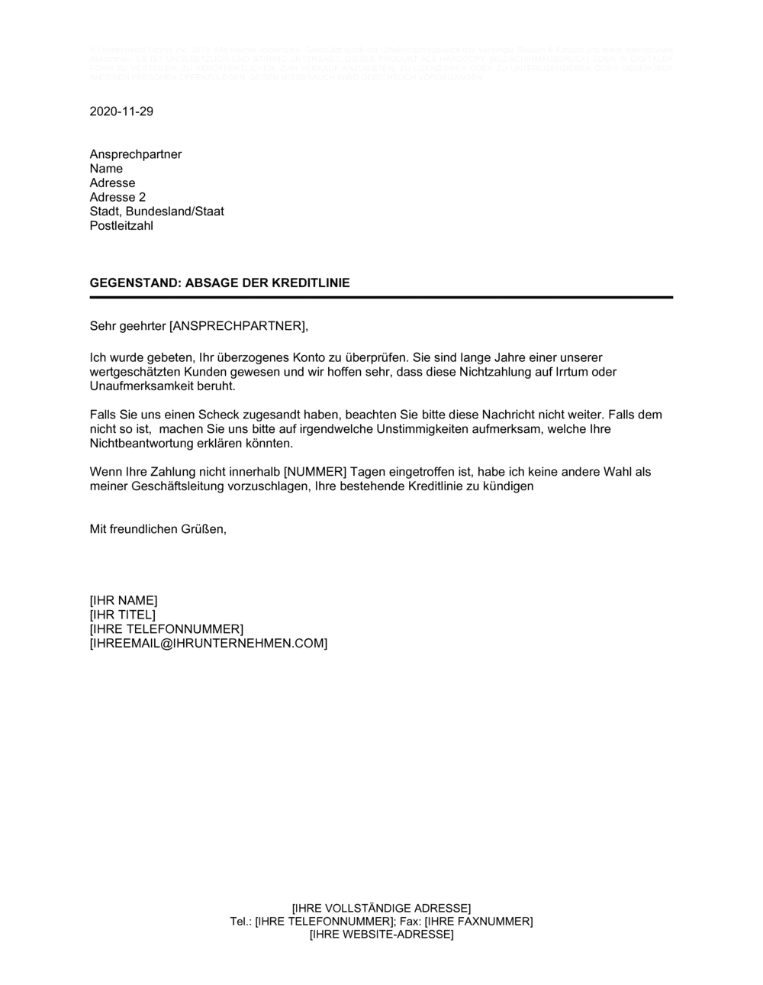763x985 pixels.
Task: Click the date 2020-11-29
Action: [121, 111]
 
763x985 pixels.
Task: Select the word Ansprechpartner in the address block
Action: [136, 154]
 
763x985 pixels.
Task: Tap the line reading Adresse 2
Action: [118, 197]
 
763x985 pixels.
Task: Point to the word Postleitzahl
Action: [121, 226]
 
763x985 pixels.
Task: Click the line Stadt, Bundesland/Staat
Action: [156, 212]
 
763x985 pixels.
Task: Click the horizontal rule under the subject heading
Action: [381, 297]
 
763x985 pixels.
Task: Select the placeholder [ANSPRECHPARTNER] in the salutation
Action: [237, 326]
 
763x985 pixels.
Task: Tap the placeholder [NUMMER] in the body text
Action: [315, 472]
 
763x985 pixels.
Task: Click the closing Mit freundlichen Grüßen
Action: [158, 528]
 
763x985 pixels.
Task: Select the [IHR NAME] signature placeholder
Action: [124, 600]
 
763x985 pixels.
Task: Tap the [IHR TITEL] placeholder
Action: [122, 615]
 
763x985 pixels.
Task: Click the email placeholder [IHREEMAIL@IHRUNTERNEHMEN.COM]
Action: [208, 644]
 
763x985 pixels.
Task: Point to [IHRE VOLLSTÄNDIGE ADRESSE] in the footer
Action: [381, 908]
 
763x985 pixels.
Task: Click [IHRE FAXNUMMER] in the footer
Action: [478, 922]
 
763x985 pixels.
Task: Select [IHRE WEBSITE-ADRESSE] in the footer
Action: [381, 935]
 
